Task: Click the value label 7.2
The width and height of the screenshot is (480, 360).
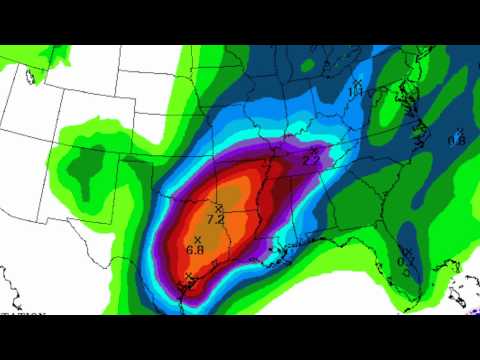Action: coord(214,218)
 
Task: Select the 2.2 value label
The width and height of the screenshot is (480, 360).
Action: coord(310,160)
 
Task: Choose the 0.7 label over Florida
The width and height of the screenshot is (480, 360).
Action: coord(405,261)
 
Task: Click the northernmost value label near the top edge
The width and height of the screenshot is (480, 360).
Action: coord(354,93)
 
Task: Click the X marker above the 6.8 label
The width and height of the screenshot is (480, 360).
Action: coord(198,238)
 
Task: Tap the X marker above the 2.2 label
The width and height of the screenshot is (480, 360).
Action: coord(313,150)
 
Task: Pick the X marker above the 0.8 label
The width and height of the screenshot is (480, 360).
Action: coord(458,131)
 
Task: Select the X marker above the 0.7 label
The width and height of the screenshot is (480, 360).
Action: coord(408,251)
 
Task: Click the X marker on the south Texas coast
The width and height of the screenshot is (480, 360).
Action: coord(188,277)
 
